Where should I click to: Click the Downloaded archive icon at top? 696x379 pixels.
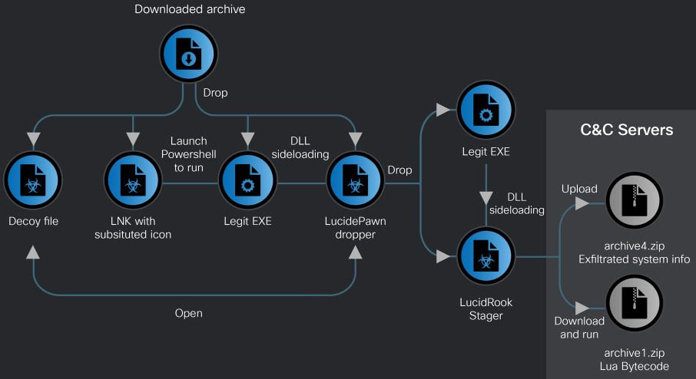point(189,54)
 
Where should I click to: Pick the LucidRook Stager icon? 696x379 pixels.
point(486,257)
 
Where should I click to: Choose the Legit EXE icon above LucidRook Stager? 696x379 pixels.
point(486,111)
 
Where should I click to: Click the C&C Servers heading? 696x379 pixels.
point(627,130)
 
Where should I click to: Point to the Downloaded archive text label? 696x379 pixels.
point(190,10)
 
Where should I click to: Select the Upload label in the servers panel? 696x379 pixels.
point(579,189)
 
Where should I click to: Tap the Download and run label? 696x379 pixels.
point(579,328)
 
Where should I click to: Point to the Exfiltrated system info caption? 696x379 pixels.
point(634,259)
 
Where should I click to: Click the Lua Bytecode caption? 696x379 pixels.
point(634,367)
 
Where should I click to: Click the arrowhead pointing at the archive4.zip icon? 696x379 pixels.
point(582,203)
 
